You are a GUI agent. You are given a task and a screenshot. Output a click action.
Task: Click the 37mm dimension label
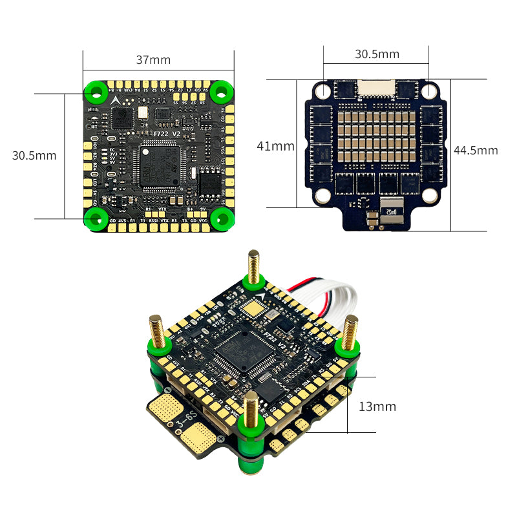pos(153,60)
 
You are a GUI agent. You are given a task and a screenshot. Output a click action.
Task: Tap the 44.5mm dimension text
pos(476,150)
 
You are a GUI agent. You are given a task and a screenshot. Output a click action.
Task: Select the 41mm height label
pos(275,146)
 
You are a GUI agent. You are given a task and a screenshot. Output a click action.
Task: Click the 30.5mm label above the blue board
pos(377,54)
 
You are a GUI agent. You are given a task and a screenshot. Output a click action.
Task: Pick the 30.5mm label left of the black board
pos(34,155)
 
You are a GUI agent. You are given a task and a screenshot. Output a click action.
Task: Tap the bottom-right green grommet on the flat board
pos(220,218)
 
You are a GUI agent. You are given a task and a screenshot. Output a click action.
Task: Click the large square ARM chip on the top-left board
pos(160,166)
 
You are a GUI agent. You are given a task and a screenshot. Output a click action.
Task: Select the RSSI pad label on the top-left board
pos(153,221)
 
